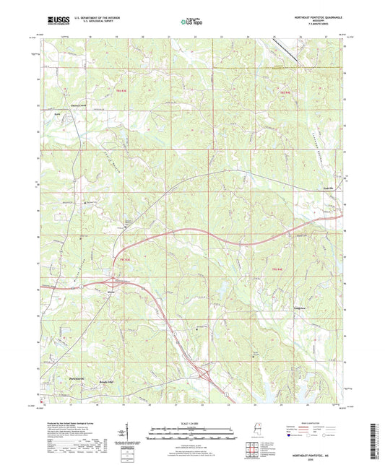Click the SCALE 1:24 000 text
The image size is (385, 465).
tap(192, 423)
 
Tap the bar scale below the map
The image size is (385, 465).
tap(192, 434)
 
